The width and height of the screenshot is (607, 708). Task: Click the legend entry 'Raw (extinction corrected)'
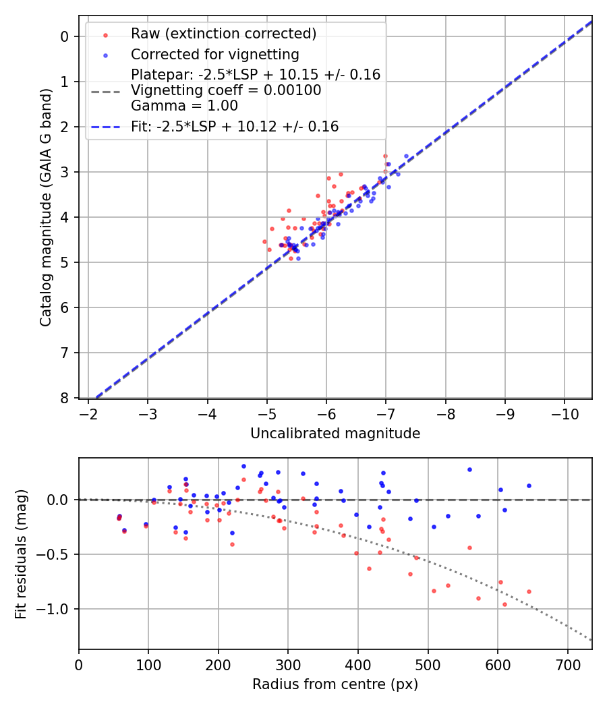click(223, 34)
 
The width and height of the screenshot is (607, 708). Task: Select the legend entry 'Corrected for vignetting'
click(215, 54)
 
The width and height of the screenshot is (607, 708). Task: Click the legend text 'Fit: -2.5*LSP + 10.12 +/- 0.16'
click(235, 126)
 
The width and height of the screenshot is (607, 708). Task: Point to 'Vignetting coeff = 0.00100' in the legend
click(226, 90)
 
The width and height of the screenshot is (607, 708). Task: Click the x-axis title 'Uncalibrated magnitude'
click(335, 434)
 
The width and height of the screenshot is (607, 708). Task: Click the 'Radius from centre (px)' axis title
click(335, 684)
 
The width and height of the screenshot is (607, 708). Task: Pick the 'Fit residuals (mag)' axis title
click(21, 554)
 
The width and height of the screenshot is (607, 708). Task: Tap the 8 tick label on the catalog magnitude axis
click(65, 398)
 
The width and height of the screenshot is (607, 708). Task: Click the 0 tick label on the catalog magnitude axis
click(65, 36)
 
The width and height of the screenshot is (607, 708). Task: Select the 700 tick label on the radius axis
click(567, 666)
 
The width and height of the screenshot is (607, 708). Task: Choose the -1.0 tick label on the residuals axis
click(56, 609)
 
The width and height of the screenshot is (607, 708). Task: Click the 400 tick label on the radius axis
click(358, 666)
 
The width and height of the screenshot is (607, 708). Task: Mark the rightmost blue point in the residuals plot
click(529, 485)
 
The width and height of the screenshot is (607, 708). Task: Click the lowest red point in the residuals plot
click(504, 604)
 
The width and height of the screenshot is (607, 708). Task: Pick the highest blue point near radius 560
click(469, 469)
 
